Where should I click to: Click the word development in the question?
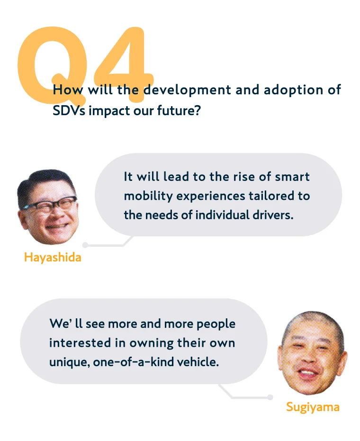tap(188, 90)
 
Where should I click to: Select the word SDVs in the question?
tap(69, 110)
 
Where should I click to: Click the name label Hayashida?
tap(53, 257)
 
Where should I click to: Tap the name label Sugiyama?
tap(313, 407)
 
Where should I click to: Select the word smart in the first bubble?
tap(292, 177)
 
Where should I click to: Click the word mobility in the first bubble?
tap(148, 196)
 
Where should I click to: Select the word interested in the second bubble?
tap(80, 343)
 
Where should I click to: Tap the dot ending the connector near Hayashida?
tap(85, 245)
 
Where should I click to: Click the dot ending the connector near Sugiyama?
tap(270, 397)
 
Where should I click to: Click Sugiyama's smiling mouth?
tap(308, 374)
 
